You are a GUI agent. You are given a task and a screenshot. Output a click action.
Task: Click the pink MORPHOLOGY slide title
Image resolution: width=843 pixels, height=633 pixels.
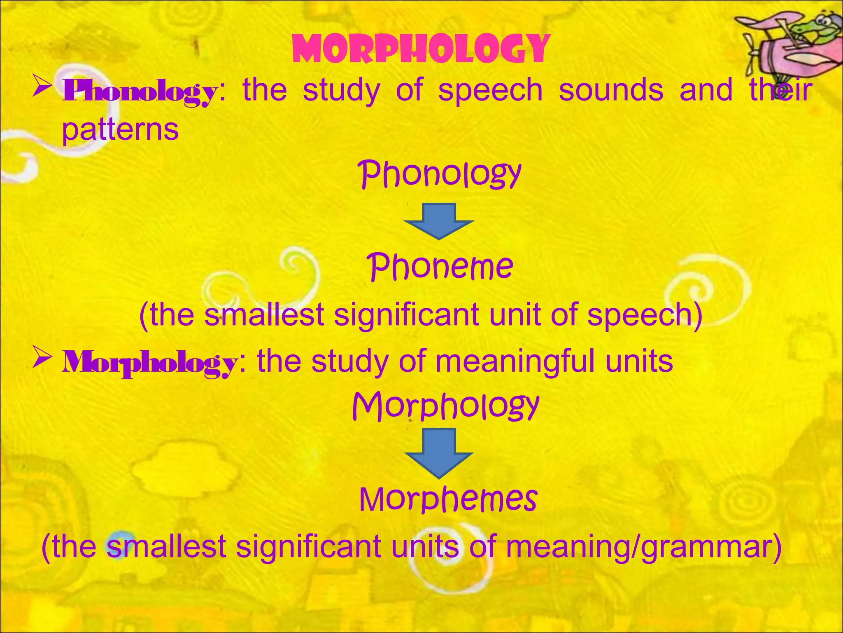[421, 49]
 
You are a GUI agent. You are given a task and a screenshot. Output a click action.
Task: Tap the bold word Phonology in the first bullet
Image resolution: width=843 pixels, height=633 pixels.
[139, 91]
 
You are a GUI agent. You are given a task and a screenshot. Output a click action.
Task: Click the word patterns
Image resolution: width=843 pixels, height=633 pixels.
[120, 130]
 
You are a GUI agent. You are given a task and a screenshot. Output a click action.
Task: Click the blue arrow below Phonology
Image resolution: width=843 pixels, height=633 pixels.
[439, 221]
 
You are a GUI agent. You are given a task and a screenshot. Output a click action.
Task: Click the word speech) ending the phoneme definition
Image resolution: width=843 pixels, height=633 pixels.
[645, 315]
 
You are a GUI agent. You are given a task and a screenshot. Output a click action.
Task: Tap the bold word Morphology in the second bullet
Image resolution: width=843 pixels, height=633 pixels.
[149, 362]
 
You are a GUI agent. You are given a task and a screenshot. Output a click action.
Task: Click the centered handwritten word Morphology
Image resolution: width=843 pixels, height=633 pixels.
[445, 406]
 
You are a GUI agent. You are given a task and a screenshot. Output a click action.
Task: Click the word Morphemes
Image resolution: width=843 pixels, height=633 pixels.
[448, 499]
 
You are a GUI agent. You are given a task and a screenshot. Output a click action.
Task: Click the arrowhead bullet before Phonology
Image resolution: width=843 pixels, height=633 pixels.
[42, 87]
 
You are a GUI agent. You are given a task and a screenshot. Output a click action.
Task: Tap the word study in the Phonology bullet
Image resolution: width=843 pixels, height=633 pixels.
[341, 91]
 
